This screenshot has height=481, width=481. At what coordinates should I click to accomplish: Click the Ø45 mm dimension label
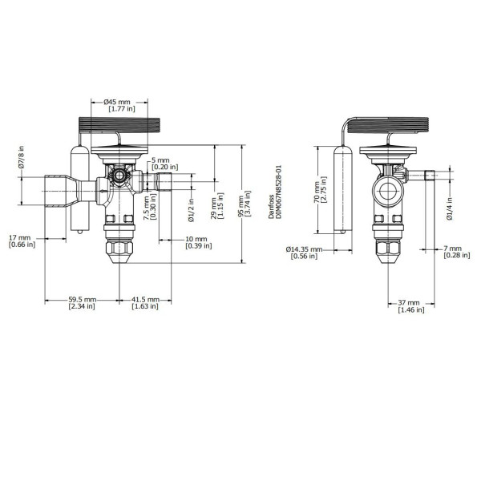pos(117,102)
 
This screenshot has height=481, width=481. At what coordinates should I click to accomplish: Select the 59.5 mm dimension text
pos(83,299)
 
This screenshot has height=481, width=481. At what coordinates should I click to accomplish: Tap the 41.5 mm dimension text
pos(145,299)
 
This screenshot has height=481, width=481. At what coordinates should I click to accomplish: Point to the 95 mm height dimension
pos(241,204)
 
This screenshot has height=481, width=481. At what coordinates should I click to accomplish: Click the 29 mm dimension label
pos(214,208)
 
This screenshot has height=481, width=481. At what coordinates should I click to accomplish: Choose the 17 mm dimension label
pos(19,238)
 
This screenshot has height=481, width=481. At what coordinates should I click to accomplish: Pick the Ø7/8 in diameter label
pos(21,157)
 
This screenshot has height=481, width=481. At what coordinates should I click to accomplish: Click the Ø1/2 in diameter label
pos(191,210)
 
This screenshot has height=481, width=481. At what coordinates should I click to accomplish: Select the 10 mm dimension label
pos(196,239)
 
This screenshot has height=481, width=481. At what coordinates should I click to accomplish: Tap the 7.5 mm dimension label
pos(147,208)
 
